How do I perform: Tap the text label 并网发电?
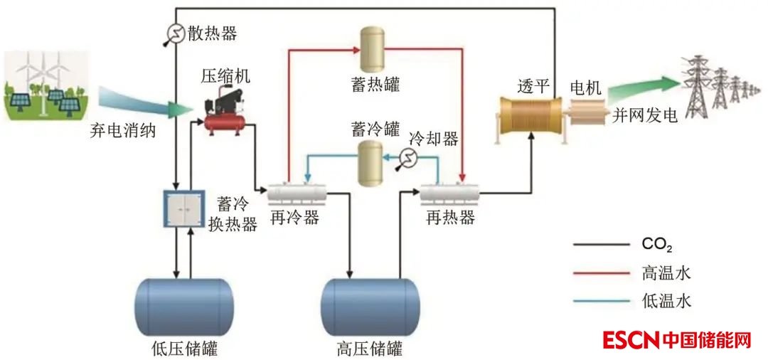click(645, 116)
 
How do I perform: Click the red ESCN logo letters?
click(631, 340)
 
